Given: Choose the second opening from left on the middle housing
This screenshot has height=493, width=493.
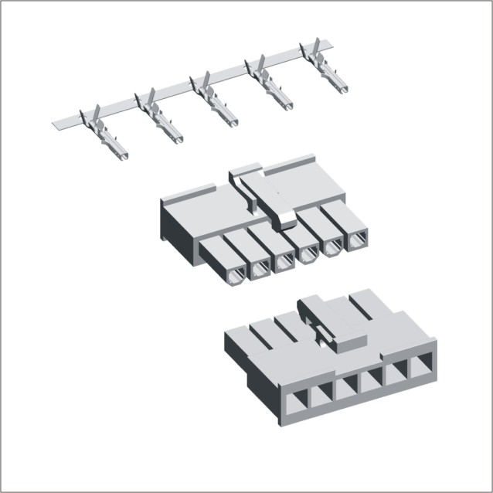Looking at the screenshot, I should tap(260, 268).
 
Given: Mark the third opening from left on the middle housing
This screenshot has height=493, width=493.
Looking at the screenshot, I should tap(284, 261).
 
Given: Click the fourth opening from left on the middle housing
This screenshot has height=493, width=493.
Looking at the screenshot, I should tap(308, 254).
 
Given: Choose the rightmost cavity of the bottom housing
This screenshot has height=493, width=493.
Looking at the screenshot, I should tap(423, 365).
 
